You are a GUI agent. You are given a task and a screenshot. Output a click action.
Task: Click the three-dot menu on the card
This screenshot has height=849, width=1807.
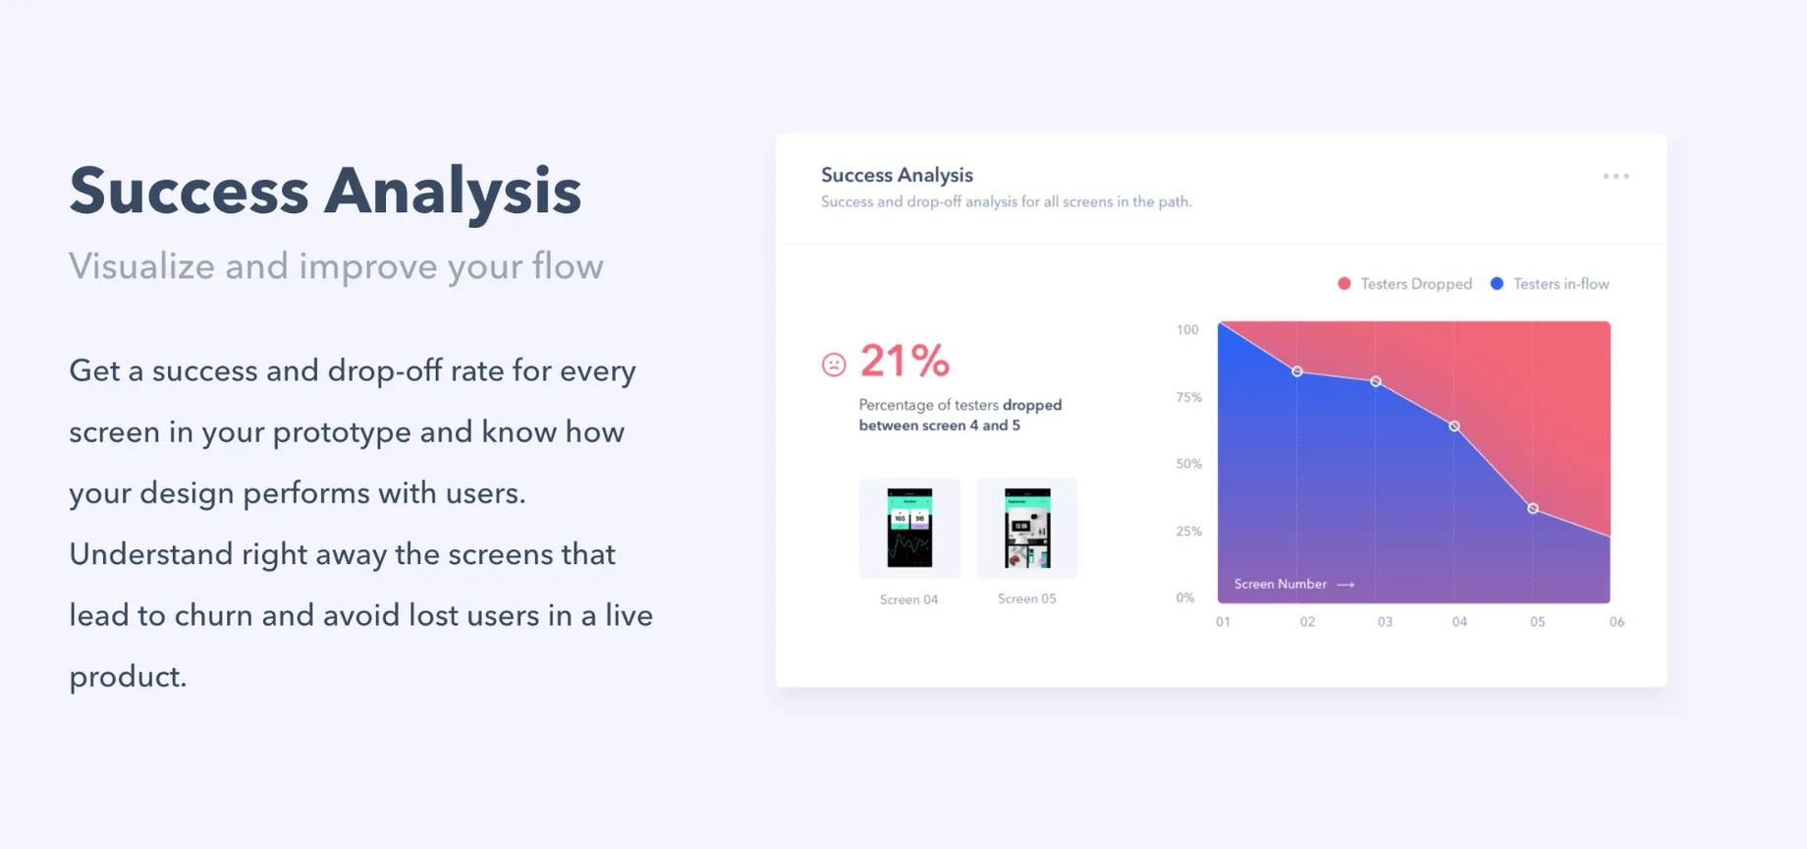1615,177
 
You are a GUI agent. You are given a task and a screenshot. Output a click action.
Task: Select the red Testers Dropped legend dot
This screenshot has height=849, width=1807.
1344,284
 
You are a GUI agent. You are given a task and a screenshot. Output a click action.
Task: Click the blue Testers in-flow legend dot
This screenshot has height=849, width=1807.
1497,284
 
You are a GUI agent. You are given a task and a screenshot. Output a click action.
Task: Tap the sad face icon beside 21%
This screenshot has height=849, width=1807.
834,365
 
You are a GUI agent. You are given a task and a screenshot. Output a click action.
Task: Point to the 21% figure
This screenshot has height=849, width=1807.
904,361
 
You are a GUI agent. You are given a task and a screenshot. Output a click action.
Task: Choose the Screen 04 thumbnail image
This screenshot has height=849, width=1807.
909,528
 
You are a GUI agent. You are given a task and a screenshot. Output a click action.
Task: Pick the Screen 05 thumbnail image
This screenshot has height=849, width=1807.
1027,528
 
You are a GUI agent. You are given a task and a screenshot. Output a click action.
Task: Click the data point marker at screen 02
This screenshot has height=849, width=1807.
1297,371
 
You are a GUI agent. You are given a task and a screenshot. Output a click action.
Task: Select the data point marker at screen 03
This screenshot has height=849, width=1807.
1376,381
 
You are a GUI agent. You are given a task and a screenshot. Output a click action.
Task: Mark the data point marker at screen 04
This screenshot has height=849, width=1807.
1454,426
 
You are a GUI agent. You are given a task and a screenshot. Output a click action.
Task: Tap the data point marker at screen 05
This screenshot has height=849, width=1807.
1533,508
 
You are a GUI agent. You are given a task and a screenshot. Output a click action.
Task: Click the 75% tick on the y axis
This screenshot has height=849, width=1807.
1189,397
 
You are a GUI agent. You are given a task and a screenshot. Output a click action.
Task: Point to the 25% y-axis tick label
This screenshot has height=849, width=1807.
1189,531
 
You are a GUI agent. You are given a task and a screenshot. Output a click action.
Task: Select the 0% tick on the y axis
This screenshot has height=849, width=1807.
1185,597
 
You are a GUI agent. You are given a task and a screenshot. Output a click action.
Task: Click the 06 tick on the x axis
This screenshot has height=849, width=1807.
1616,622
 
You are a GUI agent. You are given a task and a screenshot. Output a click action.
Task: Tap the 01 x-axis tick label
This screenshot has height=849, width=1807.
1223,622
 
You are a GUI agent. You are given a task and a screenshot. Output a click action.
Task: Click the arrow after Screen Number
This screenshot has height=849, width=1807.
1346,585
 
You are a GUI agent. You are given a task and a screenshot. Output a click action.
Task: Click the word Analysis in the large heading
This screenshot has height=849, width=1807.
453,193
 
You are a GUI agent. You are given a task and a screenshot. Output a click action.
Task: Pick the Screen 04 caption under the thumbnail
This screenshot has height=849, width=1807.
909,599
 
